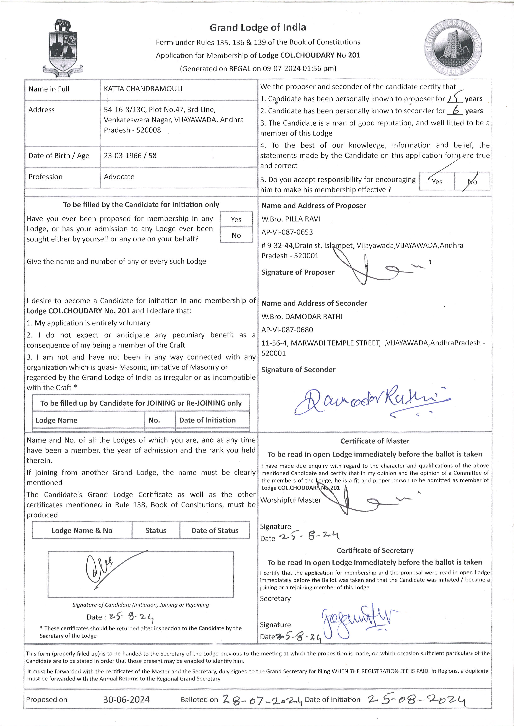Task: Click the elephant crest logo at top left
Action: click(63, 47)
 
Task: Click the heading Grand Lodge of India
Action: click(258, 28)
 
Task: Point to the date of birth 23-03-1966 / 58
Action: click(130, 156)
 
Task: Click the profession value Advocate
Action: click(119, 177)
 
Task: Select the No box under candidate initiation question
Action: click(236, 235)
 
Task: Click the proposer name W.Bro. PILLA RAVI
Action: click(291, 219)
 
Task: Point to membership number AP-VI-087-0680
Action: click(287, 330)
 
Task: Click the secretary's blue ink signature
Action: click(354, 621)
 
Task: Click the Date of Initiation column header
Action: click(207, 420)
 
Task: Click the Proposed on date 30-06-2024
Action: click(126, 700)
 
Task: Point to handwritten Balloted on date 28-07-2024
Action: click(262, 700)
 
